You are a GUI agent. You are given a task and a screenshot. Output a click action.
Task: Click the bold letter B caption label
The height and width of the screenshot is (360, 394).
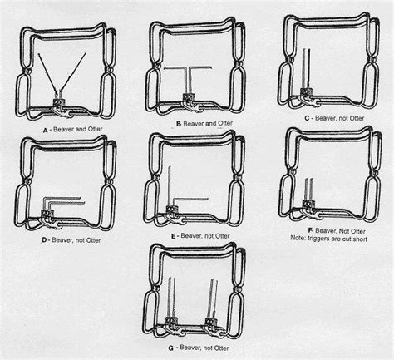click(178, 123)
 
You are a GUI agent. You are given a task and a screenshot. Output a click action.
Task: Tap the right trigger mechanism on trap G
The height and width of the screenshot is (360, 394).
click(209, 320)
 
